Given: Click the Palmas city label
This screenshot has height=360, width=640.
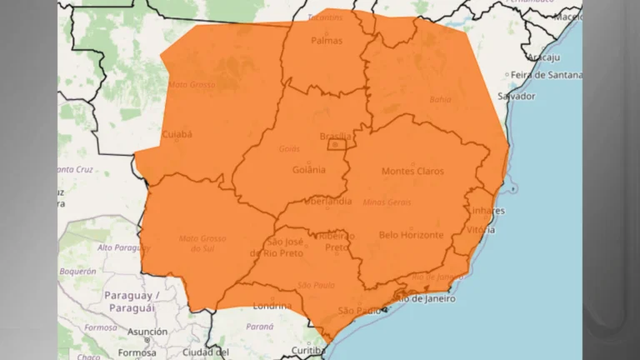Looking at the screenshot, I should pos(327,40).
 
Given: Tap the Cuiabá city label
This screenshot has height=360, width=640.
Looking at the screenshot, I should pos(177,133).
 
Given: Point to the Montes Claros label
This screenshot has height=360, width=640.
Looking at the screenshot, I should pos(412,171).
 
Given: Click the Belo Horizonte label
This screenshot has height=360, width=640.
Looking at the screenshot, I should pos(411,235).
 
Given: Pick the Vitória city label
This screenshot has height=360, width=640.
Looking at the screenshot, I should pos(485,229).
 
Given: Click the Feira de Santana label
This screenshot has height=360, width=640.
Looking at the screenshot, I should pos(546,75).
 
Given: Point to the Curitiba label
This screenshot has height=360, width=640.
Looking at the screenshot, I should pos(307,351).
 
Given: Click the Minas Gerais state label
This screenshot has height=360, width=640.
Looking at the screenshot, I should pos(387,202).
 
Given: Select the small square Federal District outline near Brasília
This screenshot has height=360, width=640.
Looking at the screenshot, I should pos(337,144).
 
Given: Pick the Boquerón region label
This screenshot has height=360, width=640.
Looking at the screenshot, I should pos(77,271).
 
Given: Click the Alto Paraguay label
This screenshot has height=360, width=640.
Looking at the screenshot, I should pos(122,247).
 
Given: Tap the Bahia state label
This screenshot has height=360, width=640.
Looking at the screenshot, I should pos(440,99).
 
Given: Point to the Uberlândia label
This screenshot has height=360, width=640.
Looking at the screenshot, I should pos(327,202).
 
